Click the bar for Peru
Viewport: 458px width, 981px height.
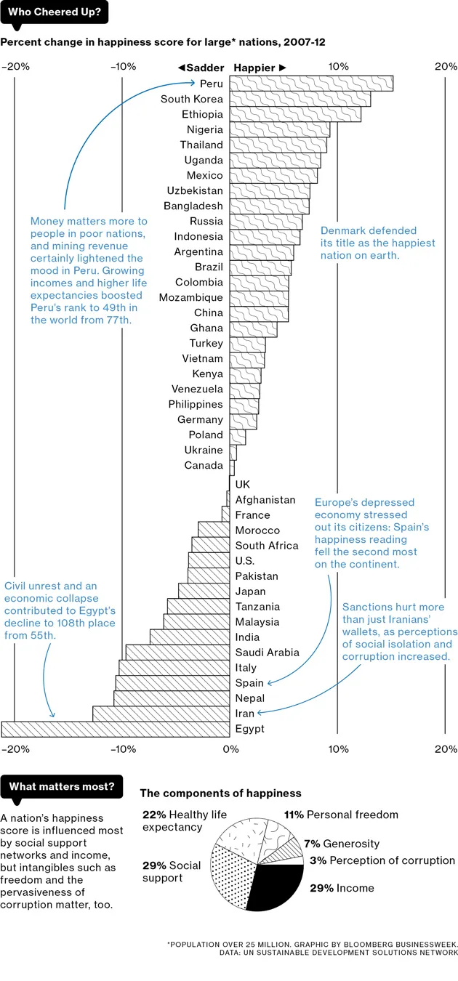311,84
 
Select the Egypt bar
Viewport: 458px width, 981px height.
116,729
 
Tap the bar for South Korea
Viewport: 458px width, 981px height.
300,99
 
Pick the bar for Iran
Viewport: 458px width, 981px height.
161,714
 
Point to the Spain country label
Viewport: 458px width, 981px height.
249,683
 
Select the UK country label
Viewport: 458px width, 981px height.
243,484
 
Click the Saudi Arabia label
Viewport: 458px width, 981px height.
267,653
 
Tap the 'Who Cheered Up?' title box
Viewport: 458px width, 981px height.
55,12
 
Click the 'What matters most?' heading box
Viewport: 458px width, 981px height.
62,786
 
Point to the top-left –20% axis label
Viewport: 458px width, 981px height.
16,67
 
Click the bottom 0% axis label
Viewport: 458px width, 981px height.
230,749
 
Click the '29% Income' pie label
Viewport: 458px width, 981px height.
342,888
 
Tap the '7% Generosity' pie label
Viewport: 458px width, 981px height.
341,844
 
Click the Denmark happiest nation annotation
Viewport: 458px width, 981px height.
377,243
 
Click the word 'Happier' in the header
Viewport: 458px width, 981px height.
254,68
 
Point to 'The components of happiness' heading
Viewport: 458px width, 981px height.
220,794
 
